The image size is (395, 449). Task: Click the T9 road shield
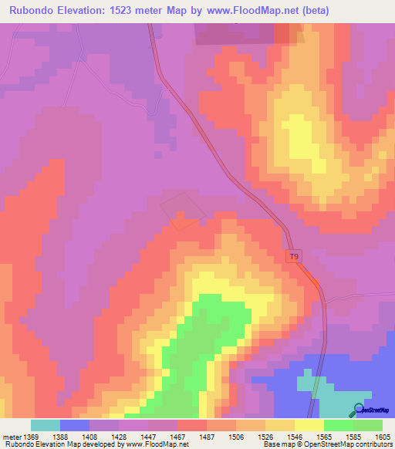click(x=294, y=256)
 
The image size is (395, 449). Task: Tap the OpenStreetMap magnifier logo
click(x=359, y=409)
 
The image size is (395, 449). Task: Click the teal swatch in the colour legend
click(x=45, y=425)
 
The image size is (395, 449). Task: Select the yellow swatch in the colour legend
click(x=309, y=425)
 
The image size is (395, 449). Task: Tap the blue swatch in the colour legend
click(x=75, y=425)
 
